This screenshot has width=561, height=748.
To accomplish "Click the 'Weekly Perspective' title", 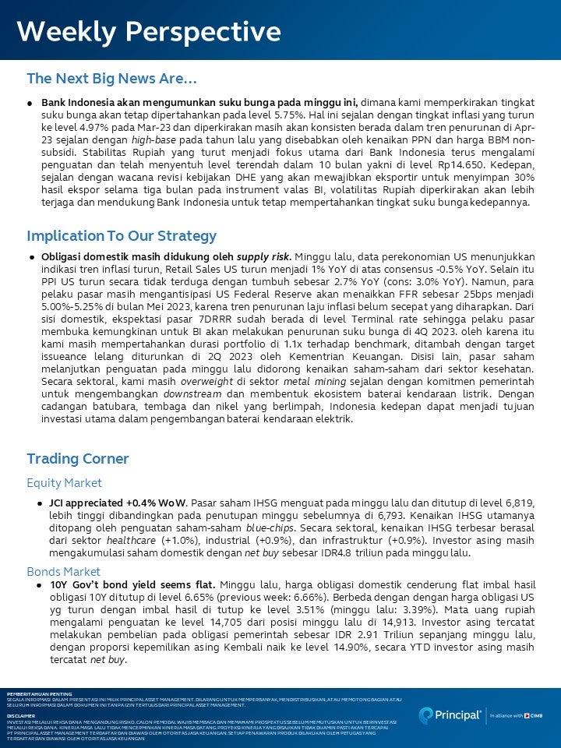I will point(148,32).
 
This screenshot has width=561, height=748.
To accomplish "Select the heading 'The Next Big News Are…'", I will point(111,79).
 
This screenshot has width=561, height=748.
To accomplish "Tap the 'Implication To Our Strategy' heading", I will point(122,235).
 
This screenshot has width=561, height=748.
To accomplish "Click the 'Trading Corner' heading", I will point(77,458).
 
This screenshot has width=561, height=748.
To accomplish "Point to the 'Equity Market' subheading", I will point(64,483).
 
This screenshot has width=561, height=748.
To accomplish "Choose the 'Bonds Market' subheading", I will point(63,571).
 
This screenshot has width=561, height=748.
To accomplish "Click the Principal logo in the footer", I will point(452,715).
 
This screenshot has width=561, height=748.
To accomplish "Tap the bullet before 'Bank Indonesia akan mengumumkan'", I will point(30,102).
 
